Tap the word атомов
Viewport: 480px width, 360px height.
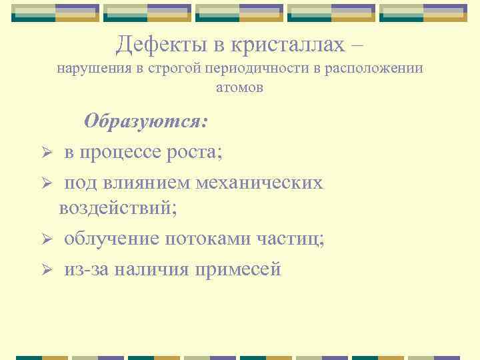pos(240,87)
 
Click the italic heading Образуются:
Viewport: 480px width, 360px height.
pos(146,122)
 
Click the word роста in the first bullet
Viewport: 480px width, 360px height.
pos(196,152)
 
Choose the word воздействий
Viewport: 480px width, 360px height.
pos(117,207)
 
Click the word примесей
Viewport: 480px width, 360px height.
pos(238,269)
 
